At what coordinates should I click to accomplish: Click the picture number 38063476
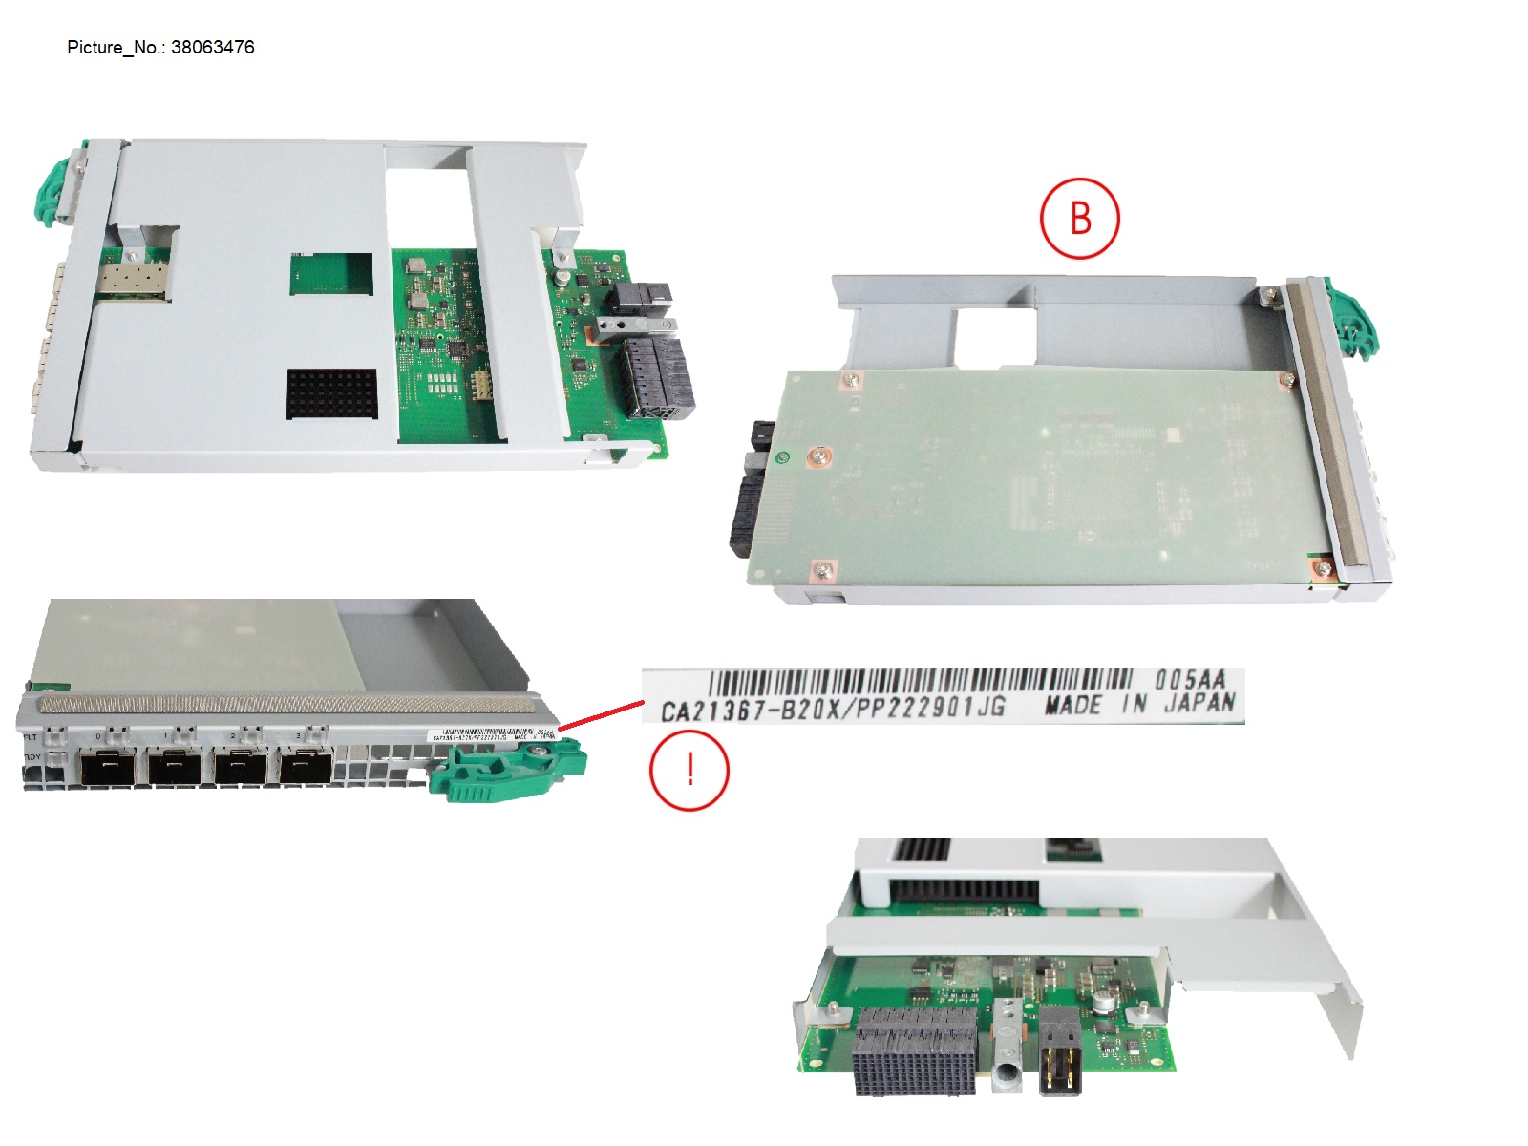tap(212, 47)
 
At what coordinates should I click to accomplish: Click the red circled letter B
tap(1079, 218)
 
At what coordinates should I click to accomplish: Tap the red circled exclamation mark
tap(690, 770)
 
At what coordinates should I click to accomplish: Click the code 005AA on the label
tap(1189, 680)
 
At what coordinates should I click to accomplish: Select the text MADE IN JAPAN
tap(1139, 705)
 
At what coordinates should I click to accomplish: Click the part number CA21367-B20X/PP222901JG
tap(833, 709)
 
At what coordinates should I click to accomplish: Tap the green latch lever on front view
tap(506, 770)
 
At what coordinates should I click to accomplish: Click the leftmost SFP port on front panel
tap(107, 766)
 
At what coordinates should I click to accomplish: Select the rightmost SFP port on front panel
tap(306, 766)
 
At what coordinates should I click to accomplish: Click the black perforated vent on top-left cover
tap(332, 393)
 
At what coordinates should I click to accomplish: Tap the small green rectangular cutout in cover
tap(331, 274)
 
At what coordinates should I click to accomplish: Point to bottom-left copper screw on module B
tap(823, 571)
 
